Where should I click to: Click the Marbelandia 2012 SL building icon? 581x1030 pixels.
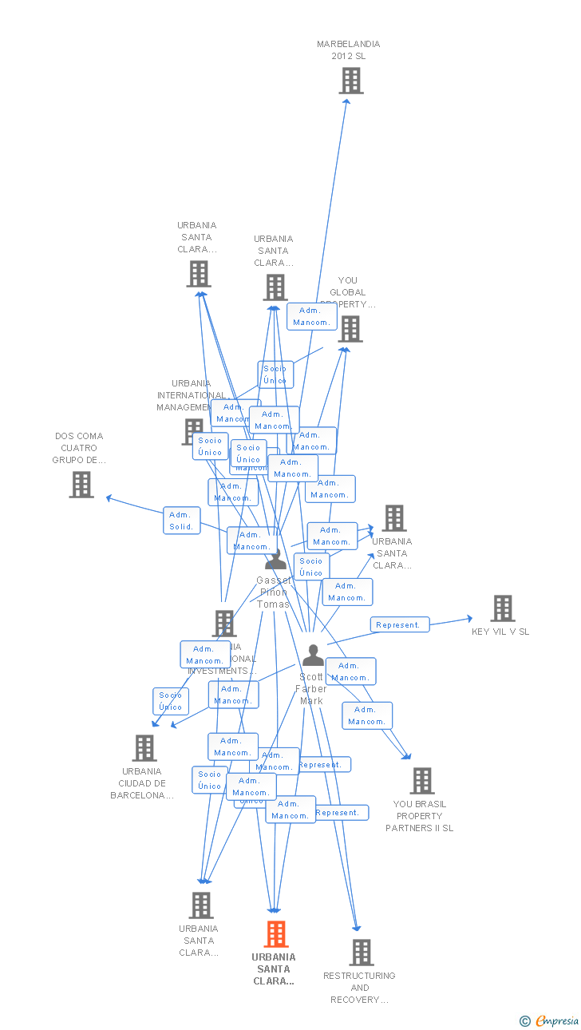[351, 81]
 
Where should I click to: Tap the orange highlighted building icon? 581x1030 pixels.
[276, 933]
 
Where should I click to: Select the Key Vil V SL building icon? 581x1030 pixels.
[503, 608]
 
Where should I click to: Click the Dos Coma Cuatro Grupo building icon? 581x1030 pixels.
[81, 484]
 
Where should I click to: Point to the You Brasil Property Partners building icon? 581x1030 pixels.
[422, 780]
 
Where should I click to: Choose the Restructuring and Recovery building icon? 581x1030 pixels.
[362, 952]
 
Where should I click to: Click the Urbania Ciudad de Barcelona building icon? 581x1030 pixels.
[144, 748]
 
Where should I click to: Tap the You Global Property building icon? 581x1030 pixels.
[350, 328]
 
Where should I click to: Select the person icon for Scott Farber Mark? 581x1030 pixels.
[314, 656]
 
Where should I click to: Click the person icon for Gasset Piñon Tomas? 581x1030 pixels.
[275, 560]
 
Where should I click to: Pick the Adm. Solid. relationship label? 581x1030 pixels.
[182, 521]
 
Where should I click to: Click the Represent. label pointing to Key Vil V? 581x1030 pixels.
[400, 624]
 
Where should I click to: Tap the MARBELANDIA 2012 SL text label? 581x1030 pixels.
[349, 50]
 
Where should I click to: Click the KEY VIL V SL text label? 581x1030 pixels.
[500, 632]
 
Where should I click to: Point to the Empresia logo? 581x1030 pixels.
[551, 1020]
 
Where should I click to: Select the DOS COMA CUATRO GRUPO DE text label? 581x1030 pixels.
[79, 448]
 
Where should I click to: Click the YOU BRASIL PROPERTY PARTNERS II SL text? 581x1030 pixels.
[420, 816]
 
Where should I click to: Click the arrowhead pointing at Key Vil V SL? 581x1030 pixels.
[468, 617]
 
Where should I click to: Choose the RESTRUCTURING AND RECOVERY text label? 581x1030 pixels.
[359, 988]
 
